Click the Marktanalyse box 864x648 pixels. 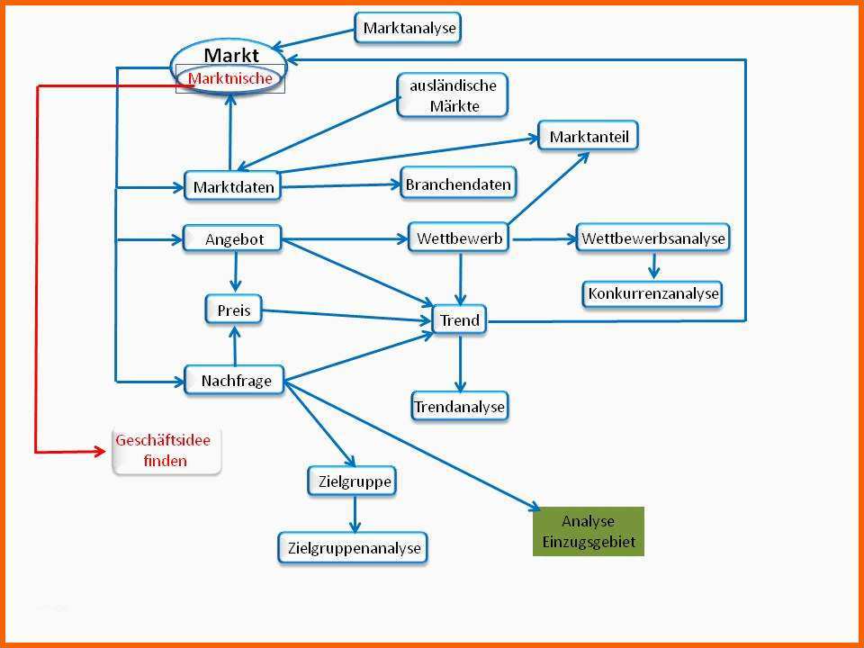[409, 28]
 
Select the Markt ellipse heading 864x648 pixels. [230, 56]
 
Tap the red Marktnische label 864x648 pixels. [230, 79]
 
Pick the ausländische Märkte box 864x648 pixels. [453, 95]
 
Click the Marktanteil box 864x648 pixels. [589, 137]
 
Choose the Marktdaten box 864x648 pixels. [233, 187]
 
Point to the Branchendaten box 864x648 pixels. [458, 184]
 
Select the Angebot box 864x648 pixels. [234, 239]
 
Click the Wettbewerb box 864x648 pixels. [460, 238]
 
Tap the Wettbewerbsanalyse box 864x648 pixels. [652, 238]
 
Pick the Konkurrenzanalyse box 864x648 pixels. [652, 293]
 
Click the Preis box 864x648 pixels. [234, 311]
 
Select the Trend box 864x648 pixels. [459, 320]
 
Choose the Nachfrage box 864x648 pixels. [235, 381]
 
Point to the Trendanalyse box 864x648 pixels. [460, 407]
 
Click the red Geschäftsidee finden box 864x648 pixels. [165, 451]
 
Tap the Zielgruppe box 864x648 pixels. [355, 481]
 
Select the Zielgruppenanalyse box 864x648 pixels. [353, 547]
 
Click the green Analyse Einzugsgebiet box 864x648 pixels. [588, 531]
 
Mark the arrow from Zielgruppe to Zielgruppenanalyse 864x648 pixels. [355, 514]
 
